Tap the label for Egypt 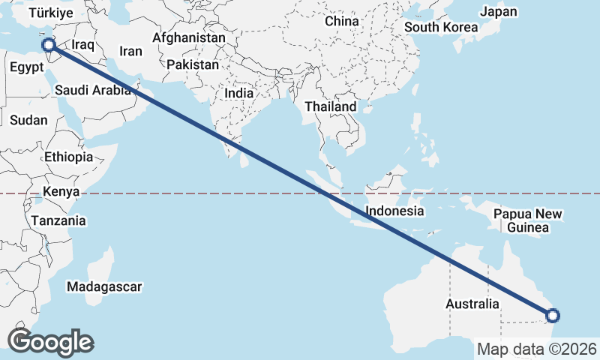[x=28, y=67]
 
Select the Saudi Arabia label [x=93, y=91]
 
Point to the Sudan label [x=28, y=120]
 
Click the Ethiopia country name [x=68, y=157]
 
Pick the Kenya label [x=61, y=192]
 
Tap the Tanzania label [x=58, y=221]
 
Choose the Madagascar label [x=104, y=286]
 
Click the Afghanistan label [x=189, y=37]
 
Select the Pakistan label [x=193, y=65]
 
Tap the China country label [x=342, y=22]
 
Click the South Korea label [x=441, y=28]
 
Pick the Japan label [x=499, y=12]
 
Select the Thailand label [x=331, y=107]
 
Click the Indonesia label [x=394, y=211]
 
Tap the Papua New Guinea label [x=528, y=220]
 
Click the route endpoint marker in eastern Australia [x=553, y=316]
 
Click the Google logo [x=50, y=342]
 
